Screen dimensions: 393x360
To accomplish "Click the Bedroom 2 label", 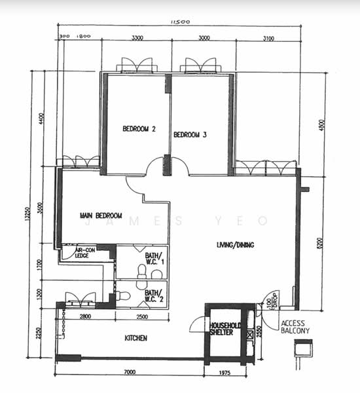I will point(139,129).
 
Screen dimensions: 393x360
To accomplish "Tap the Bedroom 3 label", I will point(190,135).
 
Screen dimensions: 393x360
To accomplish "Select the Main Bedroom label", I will point(101,215).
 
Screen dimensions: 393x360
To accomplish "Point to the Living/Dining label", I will point(236,245).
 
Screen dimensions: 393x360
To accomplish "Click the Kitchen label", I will point(135,338).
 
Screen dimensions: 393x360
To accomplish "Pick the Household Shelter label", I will point(226,329).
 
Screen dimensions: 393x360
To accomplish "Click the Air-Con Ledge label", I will point(86,253).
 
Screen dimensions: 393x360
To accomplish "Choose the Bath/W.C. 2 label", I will point(154,296).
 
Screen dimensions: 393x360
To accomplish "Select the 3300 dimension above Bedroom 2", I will point(137,39).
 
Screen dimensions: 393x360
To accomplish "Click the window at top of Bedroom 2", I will point(136,66).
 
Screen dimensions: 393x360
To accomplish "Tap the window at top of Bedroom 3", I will point(201,65).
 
